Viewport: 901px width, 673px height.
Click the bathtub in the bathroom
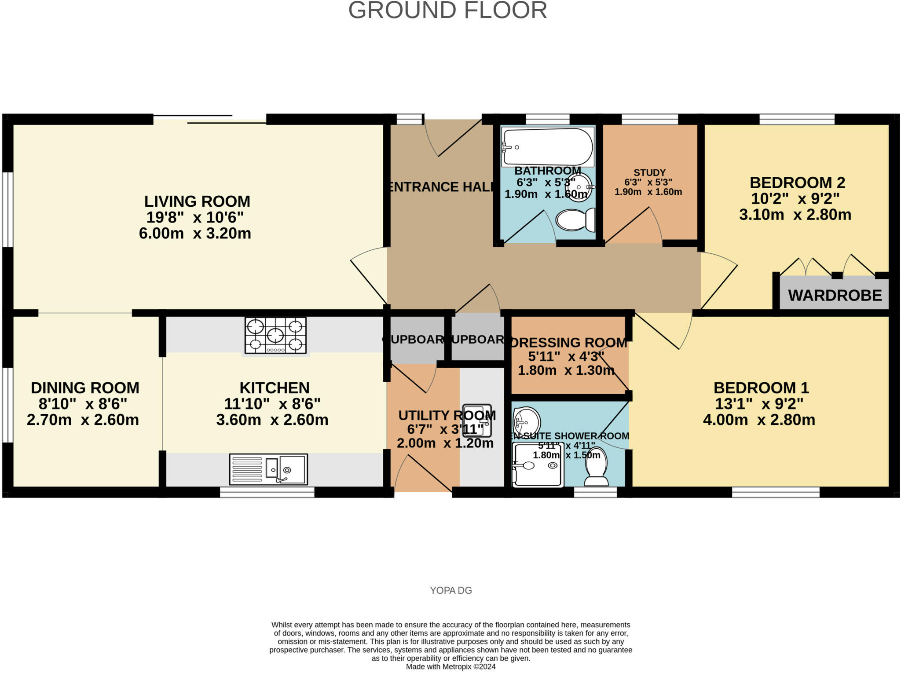(x=548, y=147)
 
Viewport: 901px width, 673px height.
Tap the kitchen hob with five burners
(x=275, y=336)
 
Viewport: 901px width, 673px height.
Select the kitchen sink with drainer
(x=268, y=469)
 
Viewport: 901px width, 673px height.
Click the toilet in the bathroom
(x=575, y=219)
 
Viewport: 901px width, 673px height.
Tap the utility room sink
(x=476, y=420)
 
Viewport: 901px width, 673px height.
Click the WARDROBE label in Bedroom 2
(x=835, y=295)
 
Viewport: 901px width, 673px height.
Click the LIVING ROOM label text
(x=197, y=201)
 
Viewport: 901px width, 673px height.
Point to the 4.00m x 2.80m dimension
(x=759, y=420)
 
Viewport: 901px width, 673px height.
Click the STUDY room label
(x=649, y=172)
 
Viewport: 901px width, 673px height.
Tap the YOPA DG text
(x=451, y=590)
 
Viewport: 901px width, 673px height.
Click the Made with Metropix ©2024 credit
(x=450, y=666)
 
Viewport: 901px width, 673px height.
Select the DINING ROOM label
(x=85, y=388)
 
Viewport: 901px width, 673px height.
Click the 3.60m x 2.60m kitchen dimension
(x=272, y=420)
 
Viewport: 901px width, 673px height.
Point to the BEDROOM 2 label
(x=797, y=183)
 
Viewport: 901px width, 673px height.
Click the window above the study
(x=649, y=119)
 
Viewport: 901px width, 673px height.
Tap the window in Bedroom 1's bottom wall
(x=776, y=492)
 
